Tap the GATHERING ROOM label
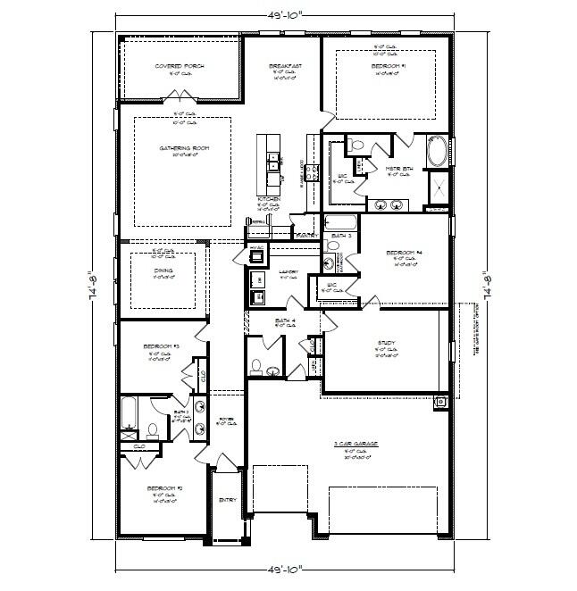click(179, 148)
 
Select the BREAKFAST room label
click(285, 66)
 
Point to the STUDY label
click(386, 342)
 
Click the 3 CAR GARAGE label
click(348, 444)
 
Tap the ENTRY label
click(228, 500)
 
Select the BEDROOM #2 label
click(163, 489)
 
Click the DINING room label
click(163, 270)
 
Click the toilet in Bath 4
click(256, 365)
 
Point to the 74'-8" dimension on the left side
click(91, 287)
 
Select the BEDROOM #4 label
click(404, 253)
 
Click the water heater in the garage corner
click(441, 402)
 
